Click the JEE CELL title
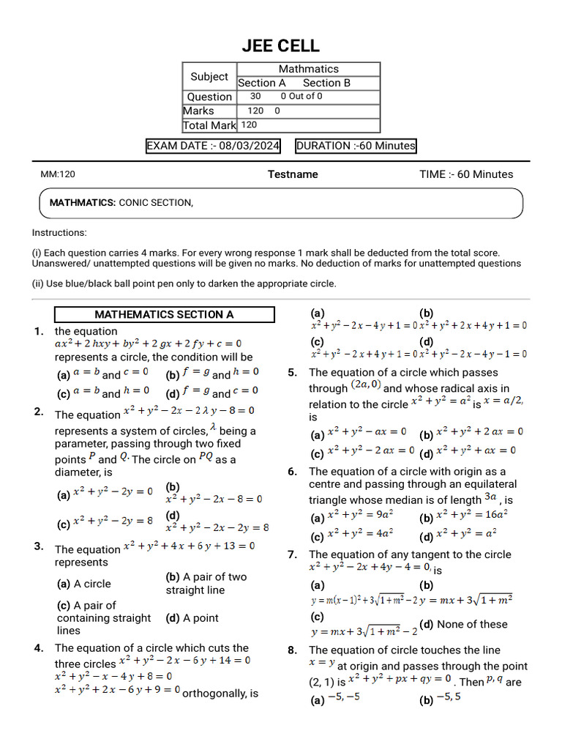coord(281,45)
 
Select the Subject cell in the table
coord(209,76)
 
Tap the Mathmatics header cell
coord(308,69)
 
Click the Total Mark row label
coord(209,125)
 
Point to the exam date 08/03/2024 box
coord(214,146)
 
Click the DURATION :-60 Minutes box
coord(356,146)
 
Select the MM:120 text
coord(58,174)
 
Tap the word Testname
coord(293,174)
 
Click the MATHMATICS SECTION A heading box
coord(164,315)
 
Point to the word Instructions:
coord(59,233)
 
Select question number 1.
coord(39,331)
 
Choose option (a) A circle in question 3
coord(84,584)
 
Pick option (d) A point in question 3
coord(192,618)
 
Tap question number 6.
coord(292,472)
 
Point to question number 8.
coord(292,650)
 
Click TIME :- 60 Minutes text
coord(466,174)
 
